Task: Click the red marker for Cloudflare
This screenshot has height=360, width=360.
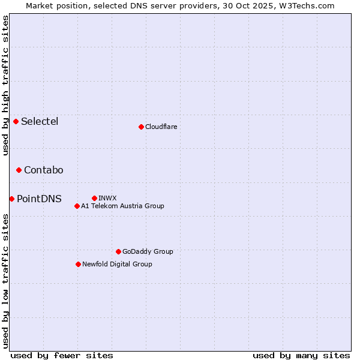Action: pos(141,127)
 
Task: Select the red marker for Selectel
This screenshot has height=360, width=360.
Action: pos(16,122)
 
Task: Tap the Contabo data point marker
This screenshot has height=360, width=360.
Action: pos(19,170)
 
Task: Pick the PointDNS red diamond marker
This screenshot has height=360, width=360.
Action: pos(11,199)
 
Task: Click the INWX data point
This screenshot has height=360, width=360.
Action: pos(94,198)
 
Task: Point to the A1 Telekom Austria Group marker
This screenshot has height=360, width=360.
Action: pos(77,206)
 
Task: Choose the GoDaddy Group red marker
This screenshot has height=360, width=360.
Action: pos(118,251)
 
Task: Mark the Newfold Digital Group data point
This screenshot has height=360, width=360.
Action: pos(78,264)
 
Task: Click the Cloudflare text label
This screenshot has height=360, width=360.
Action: pos(161,127)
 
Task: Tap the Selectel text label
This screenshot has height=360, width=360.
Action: pos(40,122)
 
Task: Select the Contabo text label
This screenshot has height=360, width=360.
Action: pos(44,170)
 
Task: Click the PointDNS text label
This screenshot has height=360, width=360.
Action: pos(39,199)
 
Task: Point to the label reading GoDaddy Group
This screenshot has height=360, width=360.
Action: pos(148,251)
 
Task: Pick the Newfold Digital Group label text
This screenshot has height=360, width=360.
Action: pos(117,264)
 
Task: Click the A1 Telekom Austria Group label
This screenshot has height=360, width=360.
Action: pos(122,206)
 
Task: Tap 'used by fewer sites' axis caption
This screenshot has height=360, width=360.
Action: pos(62,355)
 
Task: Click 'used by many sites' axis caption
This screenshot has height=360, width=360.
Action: pos(301,355)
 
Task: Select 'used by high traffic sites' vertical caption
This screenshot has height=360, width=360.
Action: pos(5,85)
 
